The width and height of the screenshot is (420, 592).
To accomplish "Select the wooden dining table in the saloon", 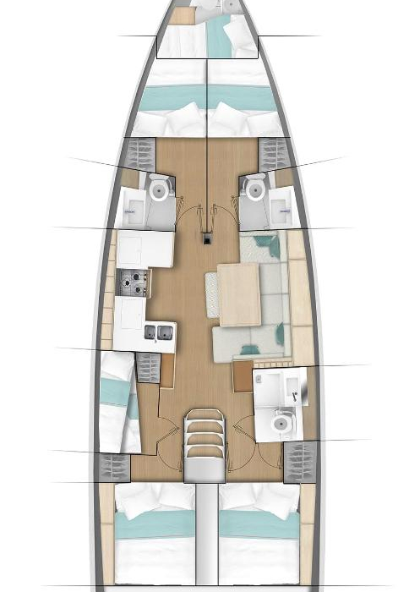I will coord(239,293).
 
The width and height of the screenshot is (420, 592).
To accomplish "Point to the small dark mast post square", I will coord(206,239).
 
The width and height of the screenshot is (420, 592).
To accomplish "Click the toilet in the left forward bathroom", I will coord(158,189).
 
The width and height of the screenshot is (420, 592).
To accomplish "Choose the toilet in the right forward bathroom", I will coord(254,189).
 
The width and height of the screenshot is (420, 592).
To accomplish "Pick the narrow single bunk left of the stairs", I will coord(118,402).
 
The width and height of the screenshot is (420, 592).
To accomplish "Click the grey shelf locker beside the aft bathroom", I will coord(297,462).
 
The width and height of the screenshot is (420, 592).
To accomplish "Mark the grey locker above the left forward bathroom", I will coord(139,154).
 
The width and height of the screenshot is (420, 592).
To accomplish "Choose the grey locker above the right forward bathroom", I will coord(274,154).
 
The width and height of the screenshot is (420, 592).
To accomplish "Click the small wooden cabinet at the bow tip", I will coord(182,14).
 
